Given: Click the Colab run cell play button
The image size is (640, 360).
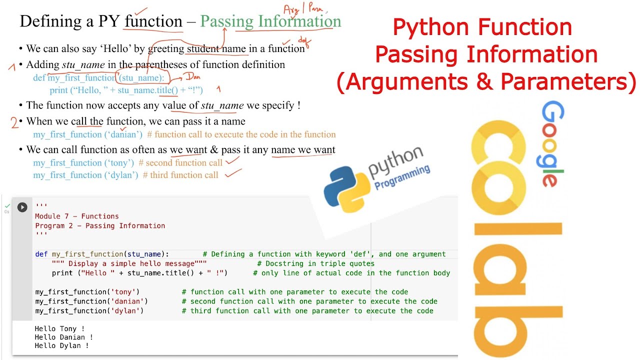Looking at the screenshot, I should tap(22, 207).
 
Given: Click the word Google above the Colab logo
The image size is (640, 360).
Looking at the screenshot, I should tap(553, 143).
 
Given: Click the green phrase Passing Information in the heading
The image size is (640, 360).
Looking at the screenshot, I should tap(270, 21).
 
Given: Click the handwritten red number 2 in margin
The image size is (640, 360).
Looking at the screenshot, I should tap(15, 122).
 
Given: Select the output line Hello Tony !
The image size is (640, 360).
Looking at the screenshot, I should tap(59, 329).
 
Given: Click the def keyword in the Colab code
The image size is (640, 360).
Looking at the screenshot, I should tap(41, 254).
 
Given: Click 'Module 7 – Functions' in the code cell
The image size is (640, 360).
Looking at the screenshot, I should tap(76, 216).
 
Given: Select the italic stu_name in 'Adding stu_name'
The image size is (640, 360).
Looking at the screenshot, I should tap(83, 64).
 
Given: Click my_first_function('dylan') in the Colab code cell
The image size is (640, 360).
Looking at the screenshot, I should tap(89, 311).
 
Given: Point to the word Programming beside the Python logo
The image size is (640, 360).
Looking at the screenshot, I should tap(402, 177).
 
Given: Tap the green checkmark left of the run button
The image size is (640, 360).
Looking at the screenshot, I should tap(7, 206).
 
